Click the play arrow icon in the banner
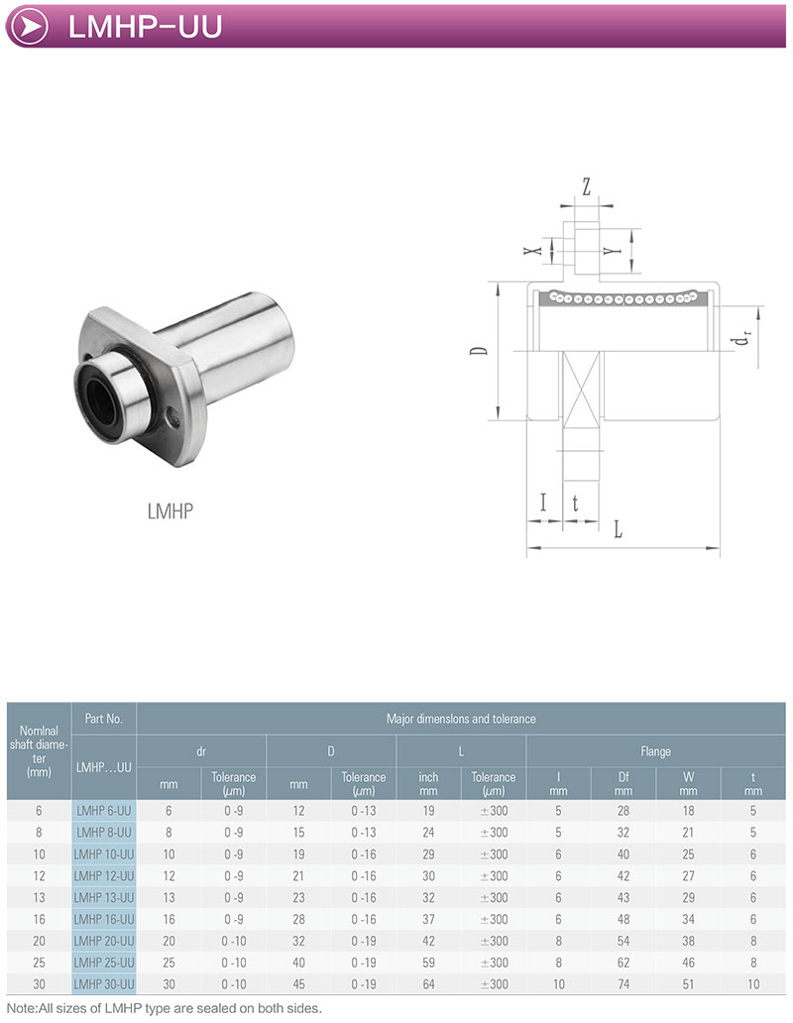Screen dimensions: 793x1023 coord(30,26)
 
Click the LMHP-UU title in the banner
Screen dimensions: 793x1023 coord(145,27)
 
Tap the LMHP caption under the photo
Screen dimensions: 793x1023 coord(170,511)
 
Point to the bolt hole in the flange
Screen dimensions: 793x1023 coord(172,417)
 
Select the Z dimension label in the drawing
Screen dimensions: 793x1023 coord(586,187)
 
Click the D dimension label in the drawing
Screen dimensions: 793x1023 coord(480,350)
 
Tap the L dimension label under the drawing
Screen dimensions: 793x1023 coord(619,529)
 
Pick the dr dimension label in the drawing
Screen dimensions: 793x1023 coord(740,338)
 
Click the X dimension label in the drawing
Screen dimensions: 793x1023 coord(533,250)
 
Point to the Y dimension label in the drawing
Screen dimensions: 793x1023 coord(611,251)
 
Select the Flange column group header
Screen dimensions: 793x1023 coord(655,751)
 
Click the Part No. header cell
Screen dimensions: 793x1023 coord(104,719)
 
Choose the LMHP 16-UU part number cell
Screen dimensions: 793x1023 coord(104,919)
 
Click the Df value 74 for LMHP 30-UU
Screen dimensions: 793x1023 coord(623,984)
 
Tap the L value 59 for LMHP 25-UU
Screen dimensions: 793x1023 coord(428,963)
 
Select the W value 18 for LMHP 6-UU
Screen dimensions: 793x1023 coord(688,811)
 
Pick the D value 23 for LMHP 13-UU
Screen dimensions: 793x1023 coord(298,898)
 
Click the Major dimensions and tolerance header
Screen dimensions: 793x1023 coord(461,719)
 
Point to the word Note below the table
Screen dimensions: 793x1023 coord(21,1008)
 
